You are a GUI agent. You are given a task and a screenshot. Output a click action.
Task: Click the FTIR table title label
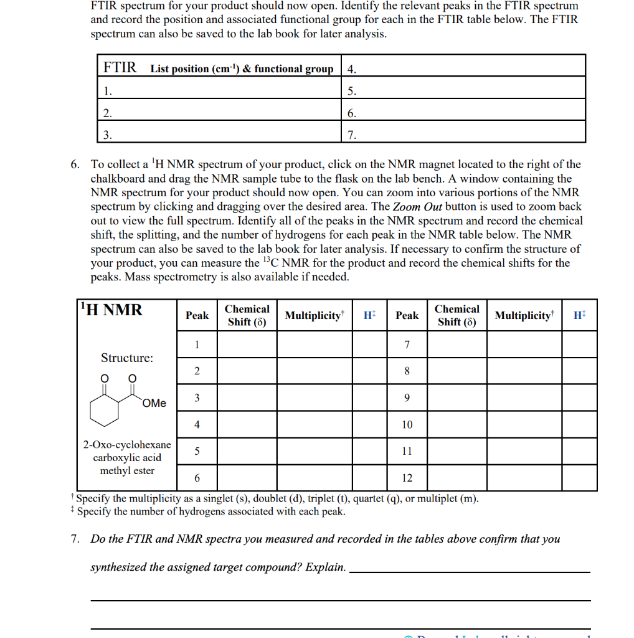[x=120, y=67]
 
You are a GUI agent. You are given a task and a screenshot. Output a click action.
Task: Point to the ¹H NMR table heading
[x=111, y=310]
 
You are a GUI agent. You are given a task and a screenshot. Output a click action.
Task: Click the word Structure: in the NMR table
[x=127, y=358]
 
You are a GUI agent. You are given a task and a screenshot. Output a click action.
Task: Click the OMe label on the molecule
[x=154, y=403]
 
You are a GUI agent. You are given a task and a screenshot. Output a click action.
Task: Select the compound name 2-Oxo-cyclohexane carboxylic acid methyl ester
[x=127, y=457]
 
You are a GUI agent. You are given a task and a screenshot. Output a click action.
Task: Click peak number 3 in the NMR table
[x=197, y=398]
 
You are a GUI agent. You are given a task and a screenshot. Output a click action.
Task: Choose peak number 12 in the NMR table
[x=407, y=478]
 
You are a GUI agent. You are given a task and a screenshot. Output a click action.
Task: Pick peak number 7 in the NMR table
[x=407, y=345]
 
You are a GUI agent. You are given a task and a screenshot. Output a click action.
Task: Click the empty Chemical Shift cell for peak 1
[x=247, y=345]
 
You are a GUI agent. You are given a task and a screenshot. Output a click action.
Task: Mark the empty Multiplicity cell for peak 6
[x=315, y=478]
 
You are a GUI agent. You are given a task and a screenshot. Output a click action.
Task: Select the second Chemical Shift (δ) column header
[x=457, y=316]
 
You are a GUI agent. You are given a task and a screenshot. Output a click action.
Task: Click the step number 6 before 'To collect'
[x=75, y=164]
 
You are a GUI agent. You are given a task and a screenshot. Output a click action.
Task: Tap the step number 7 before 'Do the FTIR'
[x=75, y=539]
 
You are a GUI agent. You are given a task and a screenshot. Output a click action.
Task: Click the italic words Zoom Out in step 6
[x=415, y=207]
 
